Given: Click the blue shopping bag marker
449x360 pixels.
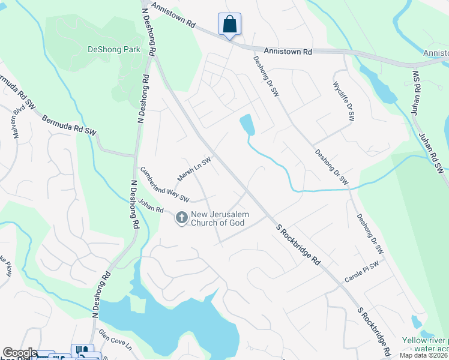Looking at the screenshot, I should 229,25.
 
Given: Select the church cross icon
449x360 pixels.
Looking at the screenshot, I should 181,218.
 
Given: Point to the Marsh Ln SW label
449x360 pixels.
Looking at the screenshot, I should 194,170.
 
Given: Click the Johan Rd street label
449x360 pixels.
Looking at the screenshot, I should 150,205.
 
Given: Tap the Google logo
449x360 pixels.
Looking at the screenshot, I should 19,353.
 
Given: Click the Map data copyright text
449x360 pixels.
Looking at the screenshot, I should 424,355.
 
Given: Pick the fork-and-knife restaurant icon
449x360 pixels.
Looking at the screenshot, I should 82,350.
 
